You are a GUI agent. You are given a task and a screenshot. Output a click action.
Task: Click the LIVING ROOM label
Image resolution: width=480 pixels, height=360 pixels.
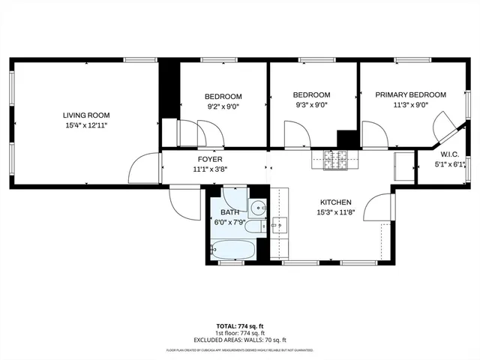pos(86,115)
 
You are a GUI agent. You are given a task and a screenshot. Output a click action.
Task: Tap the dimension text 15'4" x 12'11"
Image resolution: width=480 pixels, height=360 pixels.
pos(86,126)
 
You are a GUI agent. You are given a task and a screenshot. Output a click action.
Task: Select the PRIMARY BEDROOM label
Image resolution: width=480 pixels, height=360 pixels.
pos(411,94)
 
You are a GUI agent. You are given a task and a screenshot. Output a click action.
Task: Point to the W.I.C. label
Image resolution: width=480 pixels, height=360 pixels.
pos(450,154)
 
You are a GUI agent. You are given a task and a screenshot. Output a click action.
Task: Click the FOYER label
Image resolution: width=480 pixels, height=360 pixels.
pos(210,159)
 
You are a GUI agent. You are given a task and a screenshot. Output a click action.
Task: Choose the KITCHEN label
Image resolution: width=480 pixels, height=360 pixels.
pos(335,202)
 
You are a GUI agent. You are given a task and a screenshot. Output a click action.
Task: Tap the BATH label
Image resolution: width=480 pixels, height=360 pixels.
pos(229,213)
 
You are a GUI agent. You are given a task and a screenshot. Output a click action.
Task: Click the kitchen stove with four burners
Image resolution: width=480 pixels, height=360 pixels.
pos(337,158)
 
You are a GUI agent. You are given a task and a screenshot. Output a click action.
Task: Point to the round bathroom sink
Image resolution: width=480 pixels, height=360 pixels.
pos(258,208)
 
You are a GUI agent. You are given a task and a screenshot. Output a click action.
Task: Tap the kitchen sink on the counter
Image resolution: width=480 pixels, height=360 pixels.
pos(278,223)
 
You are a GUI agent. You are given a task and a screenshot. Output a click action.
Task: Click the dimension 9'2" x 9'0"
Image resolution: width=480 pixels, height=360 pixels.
pos(223,106)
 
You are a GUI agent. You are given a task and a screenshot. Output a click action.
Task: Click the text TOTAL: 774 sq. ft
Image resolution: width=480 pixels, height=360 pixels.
pos(240,326)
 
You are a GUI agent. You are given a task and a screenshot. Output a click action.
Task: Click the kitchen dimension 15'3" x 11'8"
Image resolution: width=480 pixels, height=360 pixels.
pos(335,213)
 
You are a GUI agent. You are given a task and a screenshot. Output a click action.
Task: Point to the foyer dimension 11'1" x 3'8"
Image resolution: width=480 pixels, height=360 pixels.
pos(210,169)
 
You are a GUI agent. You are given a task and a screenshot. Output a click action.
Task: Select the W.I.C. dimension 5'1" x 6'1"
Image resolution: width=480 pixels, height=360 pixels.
pos(450,164)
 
